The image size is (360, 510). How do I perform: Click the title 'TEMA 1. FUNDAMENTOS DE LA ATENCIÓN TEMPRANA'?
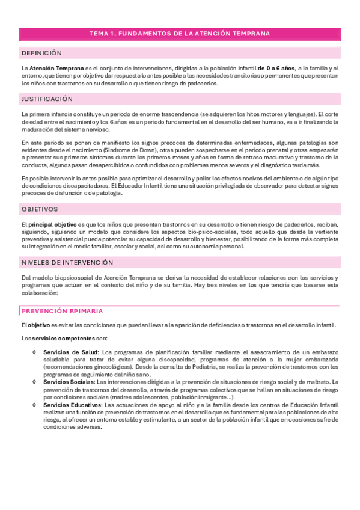click(x=180, y=34)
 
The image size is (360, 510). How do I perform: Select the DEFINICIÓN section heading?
click(x=41, y=54)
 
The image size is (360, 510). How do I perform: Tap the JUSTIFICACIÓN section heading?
click(x=47, y=98)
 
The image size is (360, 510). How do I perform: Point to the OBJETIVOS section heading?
click(x=39, y=209)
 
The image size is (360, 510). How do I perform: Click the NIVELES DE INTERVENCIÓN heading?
click(x=67, y=263)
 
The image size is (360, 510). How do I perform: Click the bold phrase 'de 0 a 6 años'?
click(x=276, y=69)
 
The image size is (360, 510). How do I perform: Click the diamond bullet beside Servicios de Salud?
click(x=35, y=351)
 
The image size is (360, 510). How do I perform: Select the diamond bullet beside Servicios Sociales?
click(x=35, y=381)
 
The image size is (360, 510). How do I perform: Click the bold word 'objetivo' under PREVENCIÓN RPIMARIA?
click(x=40, y=325)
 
